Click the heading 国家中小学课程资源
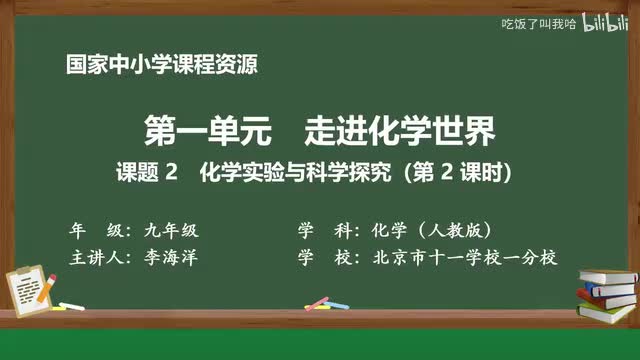[x=161, y=66]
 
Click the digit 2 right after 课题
[x=171, y=173]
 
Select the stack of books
[x=607, y=291]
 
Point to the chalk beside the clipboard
[x=71, y=305]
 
